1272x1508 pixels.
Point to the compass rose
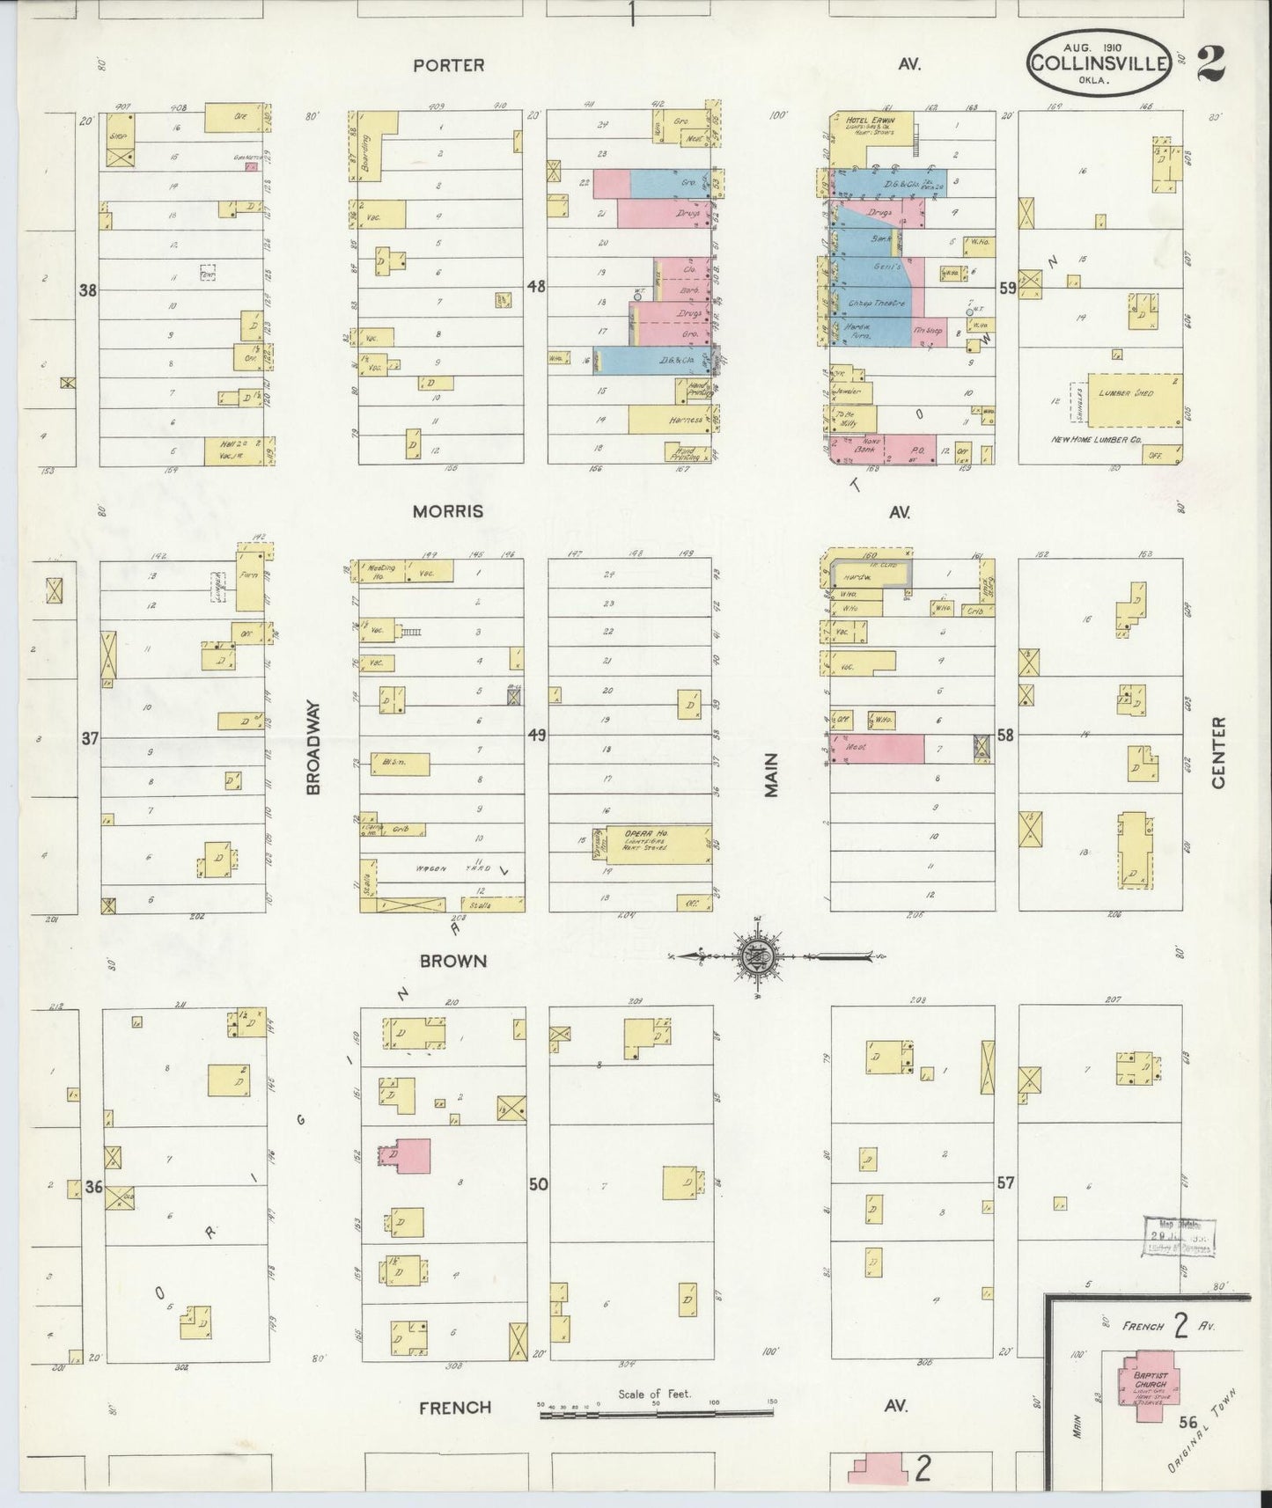(x=760, y=956)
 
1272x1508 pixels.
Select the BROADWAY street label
(x=312, y=747)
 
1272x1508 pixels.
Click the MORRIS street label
(x=449, y=511)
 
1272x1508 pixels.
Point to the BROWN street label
(x=452, y=961)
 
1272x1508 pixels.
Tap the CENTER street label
(x=1218, y=751)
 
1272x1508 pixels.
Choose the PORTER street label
(x=449, y=65)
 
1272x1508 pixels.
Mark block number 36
(x=94, y=1187)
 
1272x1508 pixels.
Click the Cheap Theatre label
(x=876, y=303)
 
